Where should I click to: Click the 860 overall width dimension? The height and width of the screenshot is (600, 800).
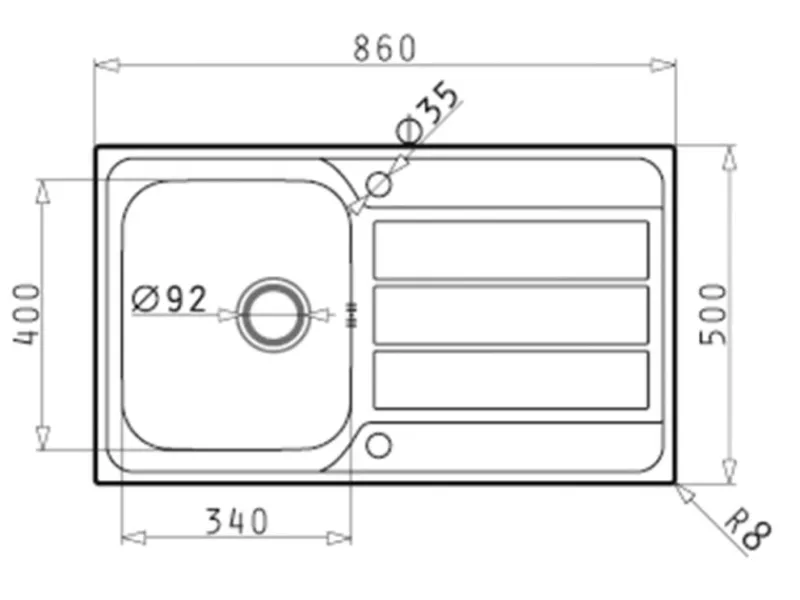coord(385,48)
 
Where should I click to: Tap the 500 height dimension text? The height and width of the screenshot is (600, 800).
coord(713,314)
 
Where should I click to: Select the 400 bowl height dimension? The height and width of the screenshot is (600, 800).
coord(26,315)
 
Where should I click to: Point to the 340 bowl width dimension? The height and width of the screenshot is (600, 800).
coord(236,521)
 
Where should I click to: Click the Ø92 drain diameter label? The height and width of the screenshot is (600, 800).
coord(170,299)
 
